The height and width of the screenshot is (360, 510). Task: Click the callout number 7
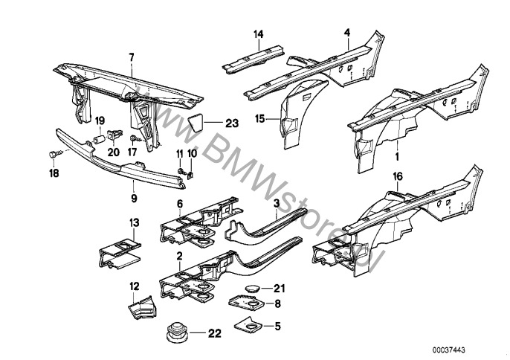(132, 57)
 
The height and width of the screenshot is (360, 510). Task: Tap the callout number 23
(232, 123)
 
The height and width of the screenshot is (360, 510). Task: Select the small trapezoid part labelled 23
(196, 122)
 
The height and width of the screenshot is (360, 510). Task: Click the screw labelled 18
(56, 153)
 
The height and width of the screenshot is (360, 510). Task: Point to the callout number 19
(100, 121)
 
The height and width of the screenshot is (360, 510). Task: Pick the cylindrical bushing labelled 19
(99, 140)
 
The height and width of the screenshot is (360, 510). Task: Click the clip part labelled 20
(114, 135)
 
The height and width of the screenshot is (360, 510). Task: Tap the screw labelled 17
(135, 138)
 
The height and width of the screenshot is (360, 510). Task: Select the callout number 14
(259, 34)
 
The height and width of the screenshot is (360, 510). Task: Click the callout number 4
(347, 33)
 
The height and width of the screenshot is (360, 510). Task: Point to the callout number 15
(260, 119)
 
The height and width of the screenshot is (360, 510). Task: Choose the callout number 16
(398, 177)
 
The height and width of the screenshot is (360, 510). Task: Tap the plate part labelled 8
(245, 303)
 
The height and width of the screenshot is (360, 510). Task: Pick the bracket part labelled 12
(143, 307)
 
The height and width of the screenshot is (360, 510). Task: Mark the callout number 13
(135, 223)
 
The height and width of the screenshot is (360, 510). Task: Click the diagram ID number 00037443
(449, 350)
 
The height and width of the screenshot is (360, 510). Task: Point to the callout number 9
(134, 199)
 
